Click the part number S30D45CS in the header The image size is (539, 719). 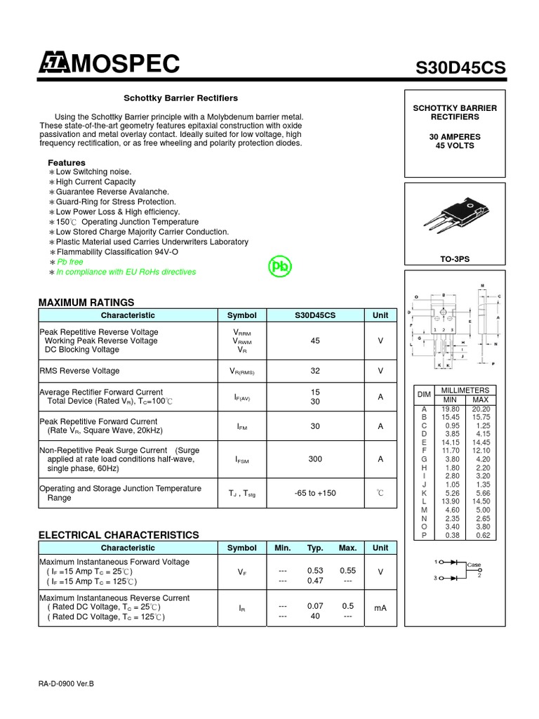coord(460,67)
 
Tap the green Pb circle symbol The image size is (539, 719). coord(281,267)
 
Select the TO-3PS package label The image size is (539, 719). coord(455,259)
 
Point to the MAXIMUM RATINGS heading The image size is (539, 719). coord(86,302)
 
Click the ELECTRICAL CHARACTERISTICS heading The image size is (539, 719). coord(119,535)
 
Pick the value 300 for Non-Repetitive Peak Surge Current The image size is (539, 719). coord(315,459)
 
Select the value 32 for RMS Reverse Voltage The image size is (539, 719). coord(315,371)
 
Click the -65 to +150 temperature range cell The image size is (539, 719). coord(315,493)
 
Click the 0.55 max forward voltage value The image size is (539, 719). coord(348,571)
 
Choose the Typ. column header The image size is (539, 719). coord(315,548)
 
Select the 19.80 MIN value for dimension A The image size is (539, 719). coord(451,409)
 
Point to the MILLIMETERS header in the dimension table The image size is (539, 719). coord(465,390)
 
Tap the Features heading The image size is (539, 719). coord(66,163)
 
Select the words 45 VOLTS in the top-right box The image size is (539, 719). coord(455,146)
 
